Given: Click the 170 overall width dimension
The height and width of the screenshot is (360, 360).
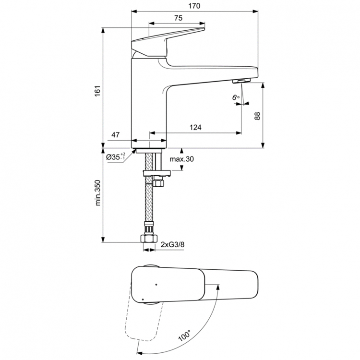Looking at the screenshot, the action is click(194, 6).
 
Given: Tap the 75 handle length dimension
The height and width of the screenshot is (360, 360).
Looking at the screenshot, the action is click(178, 18).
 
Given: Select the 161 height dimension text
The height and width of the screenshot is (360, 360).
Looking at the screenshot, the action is click(97, 91).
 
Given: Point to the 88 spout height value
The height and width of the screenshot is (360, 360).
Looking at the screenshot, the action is click(257, 116).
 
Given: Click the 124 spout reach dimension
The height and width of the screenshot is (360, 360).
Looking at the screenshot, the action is click(195, 127).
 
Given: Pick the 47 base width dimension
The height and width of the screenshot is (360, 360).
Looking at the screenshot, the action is click(116, 135).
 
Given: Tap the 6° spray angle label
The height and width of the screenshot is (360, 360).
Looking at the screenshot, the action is click(236, 97).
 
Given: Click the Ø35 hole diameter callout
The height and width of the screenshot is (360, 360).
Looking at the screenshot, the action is click(116, 157).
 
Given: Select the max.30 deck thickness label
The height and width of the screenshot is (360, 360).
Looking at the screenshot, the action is click(181, 159).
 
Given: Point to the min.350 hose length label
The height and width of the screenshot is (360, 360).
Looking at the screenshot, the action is click(98, 192).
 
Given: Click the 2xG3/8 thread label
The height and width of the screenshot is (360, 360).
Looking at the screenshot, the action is click(172, 244).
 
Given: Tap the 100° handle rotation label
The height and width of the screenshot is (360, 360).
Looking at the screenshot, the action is click(184, 336).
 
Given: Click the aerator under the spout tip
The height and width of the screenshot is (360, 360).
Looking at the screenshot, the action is click(241, 81).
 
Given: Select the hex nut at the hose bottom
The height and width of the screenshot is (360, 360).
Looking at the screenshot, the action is click(148, 238).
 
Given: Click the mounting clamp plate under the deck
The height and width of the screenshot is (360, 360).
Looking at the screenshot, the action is click(157, 173).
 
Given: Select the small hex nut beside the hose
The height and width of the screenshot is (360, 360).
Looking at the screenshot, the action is click(158, 183).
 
